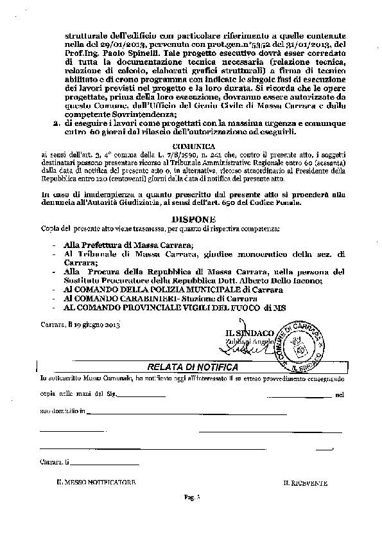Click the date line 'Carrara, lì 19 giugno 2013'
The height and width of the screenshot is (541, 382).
[80, 325]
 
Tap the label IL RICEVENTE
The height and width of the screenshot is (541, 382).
[305, 481]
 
